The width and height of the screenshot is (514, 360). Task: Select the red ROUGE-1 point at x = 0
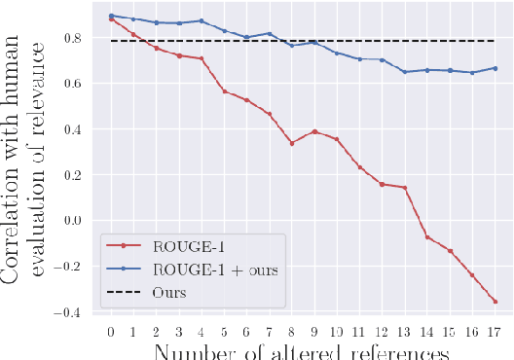111,18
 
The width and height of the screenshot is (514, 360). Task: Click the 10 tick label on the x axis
336,332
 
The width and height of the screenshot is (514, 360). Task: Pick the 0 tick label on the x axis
111,332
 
